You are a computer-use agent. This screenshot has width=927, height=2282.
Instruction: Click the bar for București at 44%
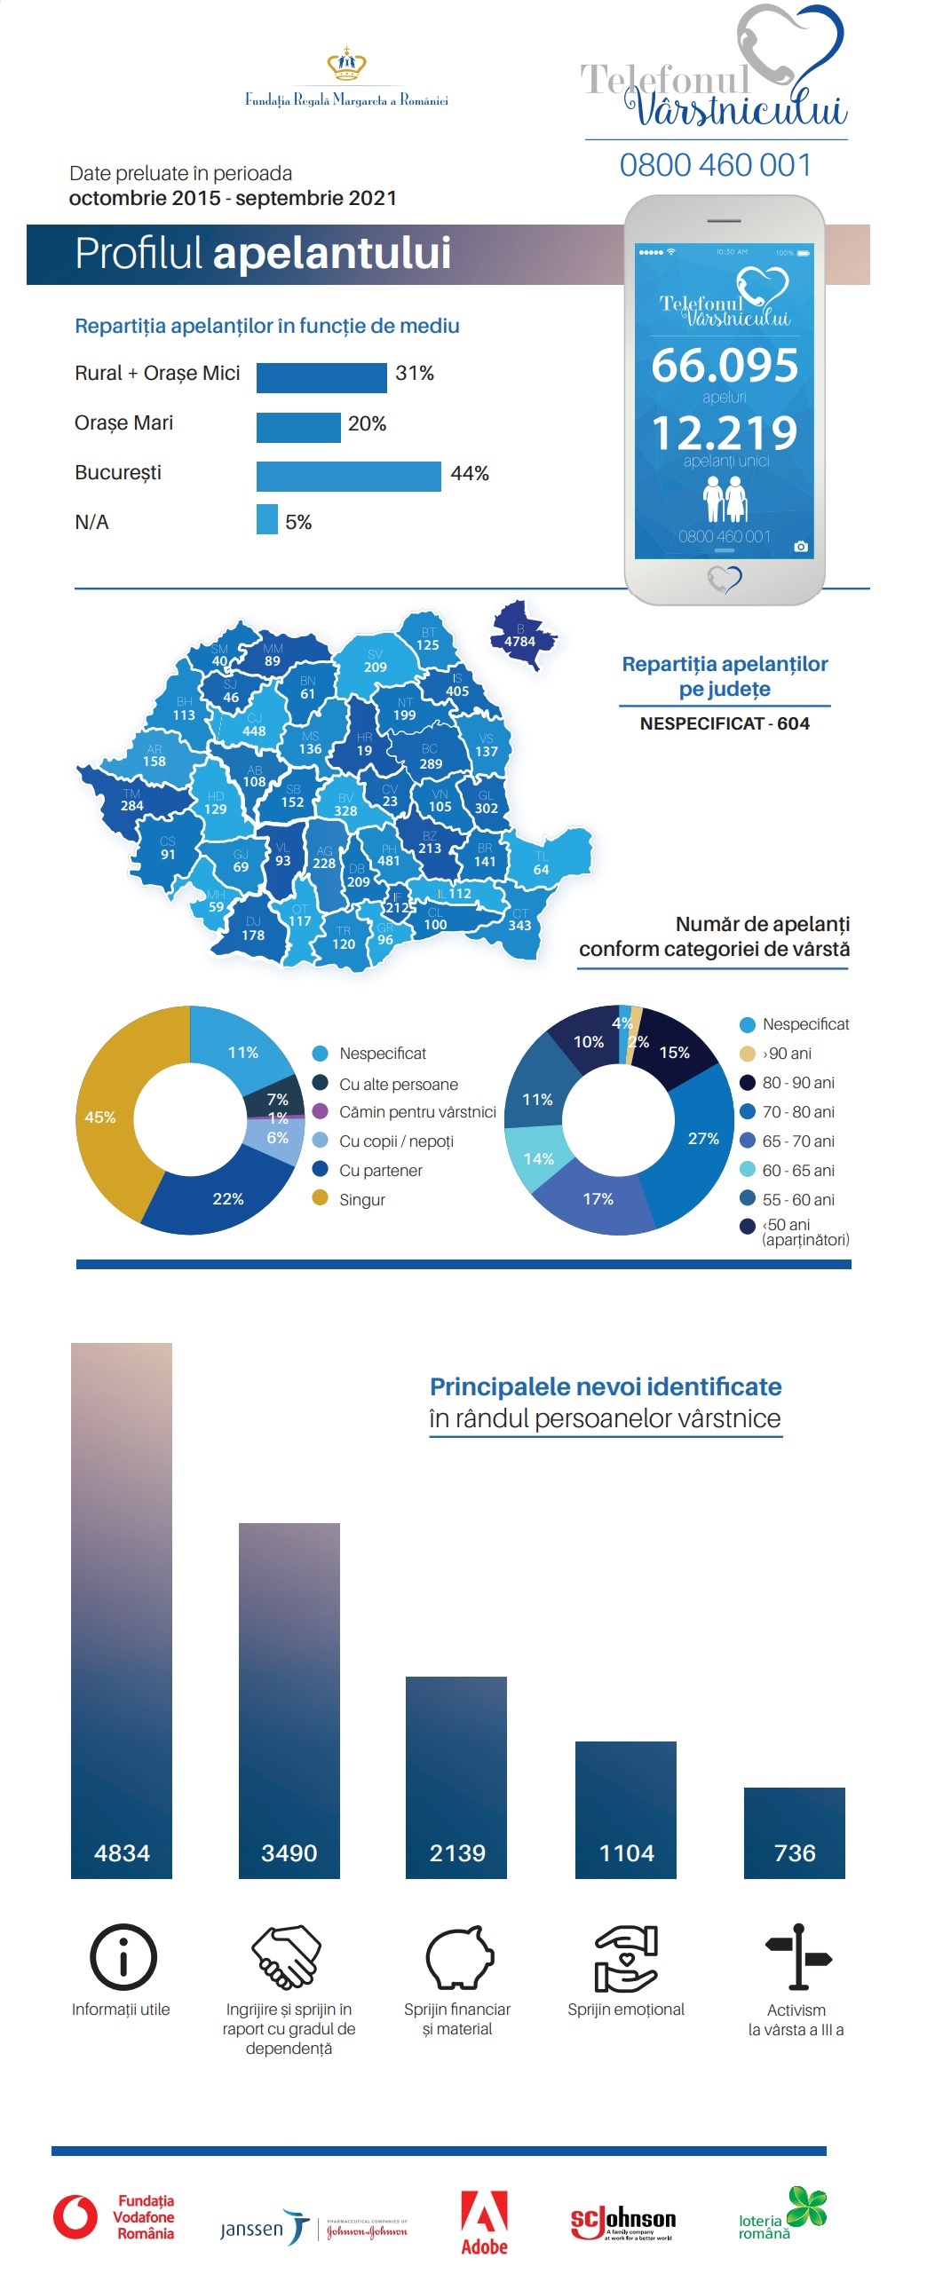pos(348,477)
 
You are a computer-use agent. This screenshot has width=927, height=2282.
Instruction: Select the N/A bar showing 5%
pos(266,519)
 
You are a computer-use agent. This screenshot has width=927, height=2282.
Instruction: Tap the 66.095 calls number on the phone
pos(725,366)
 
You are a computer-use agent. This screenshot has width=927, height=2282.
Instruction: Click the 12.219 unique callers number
pos(725,433)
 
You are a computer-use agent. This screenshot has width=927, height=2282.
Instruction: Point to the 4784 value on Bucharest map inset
pos(519,641)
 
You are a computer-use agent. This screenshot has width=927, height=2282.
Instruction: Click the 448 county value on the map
pos(254,731)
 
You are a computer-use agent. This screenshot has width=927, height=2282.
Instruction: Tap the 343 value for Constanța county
pos(519,926)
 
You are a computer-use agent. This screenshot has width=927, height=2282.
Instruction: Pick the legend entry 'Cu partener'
pos(380,1171)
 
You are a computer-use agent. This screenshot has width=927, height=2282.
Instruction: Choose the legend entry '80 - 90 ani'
pos(797,1083)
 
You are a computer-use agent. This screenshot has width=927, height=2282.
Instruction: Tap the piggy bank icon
pos(458,1956)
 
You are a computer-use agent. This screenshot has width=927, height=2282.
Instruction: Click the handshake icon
pos(286,1956)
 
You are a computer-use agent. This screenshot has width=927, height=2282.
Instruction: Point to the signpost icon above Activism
pos(798,1956)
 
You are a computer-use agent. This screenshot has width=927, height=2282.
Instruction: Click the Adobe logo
pos(484,2223)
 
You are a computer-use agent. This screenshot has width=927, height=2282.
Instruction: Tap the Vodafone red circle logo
pos(75,2217)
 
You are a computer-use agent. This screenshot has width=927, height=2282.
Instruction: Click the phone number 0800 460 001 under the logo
pos(716,165)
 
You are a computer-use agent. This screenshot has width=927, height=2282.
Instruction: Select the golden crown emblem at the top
pos(347,65)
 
